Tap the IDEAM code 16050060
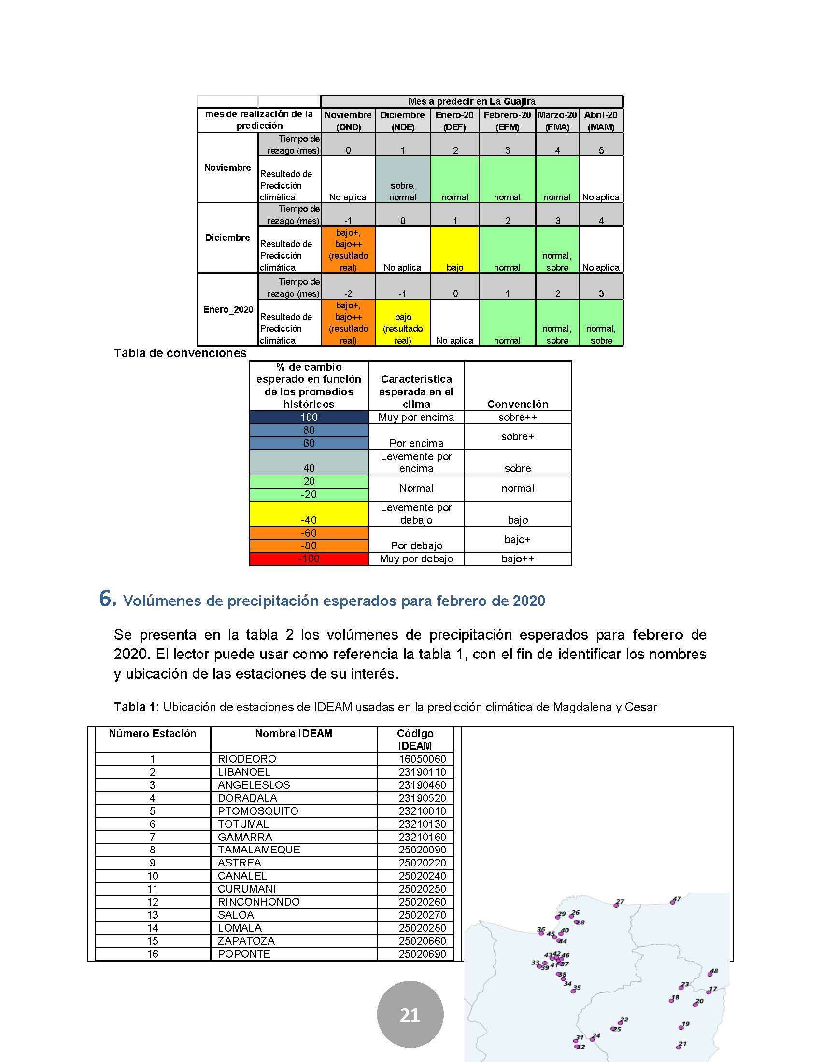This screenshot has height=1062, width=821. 422,758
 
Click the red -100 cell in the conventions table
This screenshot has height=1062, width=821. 309,559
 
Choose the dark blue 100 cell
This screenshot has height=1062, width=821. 309,417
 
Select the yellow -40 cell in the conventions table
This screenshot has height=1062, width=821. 309,514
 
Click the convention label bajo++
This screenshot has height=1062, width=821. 518,559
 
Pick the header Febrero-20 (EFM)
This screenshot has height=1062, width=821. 507,121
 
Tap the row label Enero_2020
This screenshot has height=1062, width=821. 227,310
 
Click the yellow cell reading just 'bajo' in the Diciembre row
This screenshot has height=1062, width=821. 455,250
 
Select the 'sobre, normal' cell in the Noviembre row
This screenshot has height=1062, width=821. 402,180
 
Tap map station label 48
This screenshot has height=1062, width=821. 713,972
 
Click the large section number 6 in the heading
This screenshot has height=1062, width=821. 107,599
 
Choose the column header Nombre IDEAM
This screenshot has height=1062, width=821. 293,733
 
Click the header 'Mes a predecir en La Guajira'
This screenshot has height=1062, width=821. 471,102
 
